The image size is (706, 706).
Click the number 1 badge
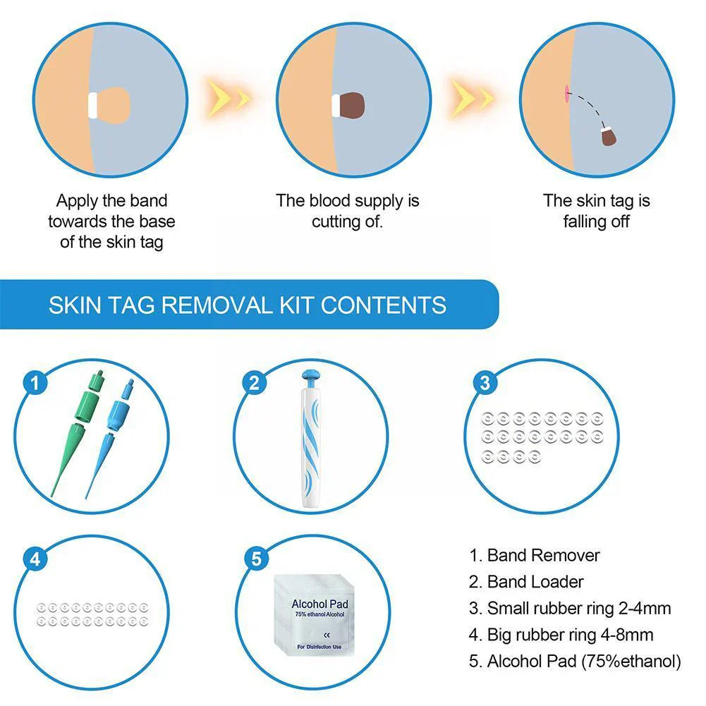35,383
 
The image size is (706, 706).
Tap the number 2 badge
255,383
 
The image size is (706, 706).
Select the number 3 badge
484,383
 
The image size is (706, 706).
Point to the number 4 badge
35,559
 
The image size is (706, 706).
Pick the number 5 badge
255,559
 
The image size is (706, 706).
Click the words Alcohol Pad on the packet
319,604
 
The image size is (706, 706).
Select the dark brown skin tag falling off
609,136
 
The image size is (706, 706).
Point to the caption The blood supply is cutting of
347,211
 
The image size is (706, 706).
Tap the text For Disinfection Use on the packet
319,647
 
